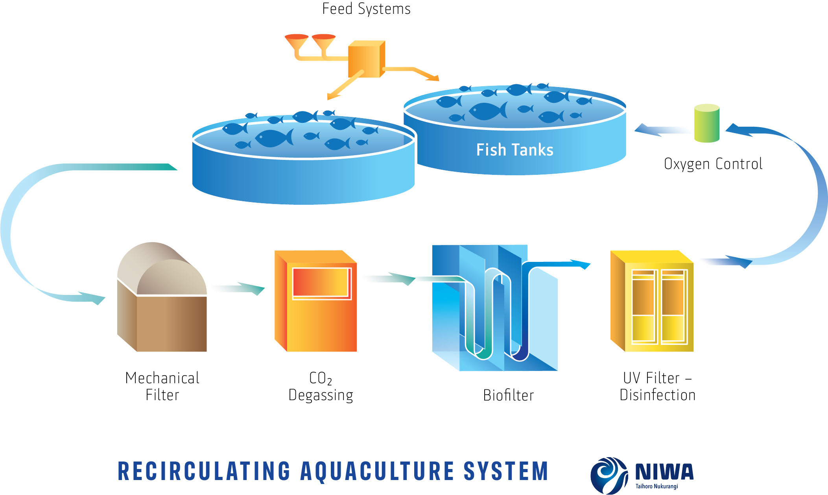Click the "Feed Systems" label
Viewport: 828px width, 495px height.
(x=366, y=9)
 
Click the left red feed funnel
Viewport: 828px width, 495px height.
(x=297, y=41)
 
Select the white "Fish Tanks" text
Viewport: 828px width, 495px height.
(x=515, y=150)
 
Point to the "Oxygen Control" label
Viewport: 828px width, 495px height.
(x=713, y=164)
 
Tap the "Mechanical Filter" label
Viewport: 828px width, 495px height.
(x=162, y=386)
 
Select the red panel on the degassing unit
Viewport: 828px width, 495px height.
(x=321, y=282)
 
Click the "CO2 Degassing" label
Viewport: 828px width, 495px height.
(x=321, y=387)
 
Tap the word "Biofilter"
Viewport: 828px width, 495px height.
(x=508, y=395)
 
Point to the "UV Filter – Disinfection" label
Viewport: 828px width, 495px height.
(x=657, y=386)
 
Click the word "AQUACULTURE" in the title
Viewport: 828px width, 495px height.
(x=377, y=471)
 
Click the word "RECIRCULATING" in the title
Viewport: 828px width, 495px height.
(x=204, y=471)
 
